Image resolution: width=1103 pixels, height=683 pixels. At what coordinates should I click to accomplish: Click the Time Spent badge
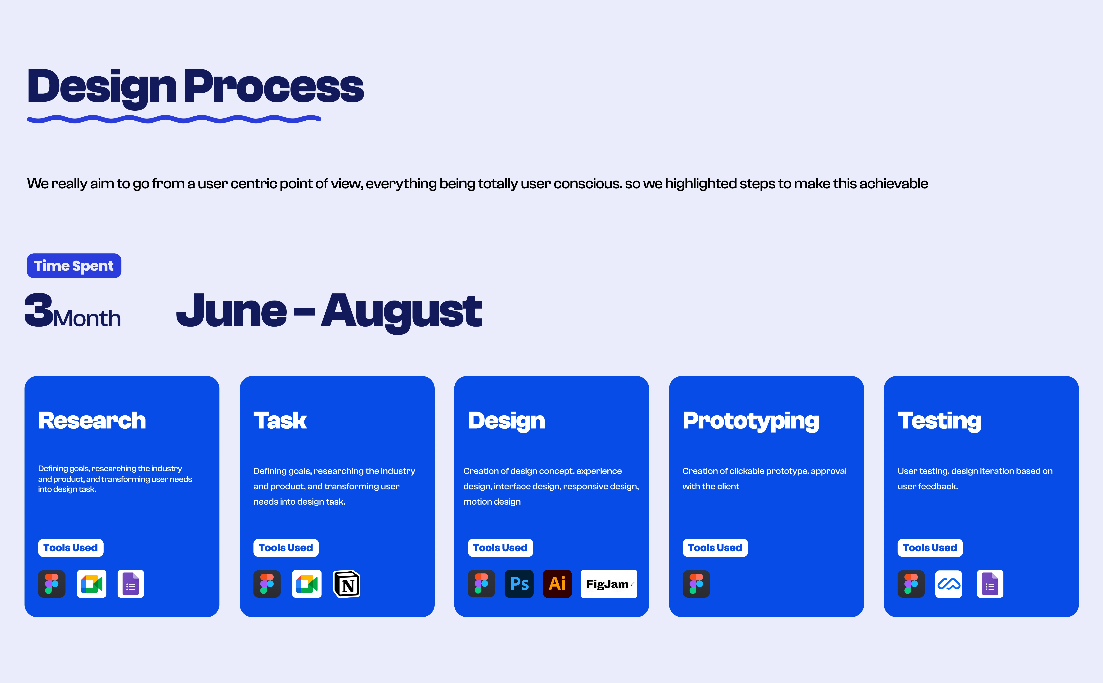(x=74, y=266)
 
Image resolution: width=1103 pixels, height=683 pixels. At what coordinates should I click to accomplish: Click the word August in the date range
(x=401, y=312)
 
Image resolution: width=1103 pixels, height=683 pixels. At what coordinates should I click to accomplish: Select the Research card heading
(x=92, y=421)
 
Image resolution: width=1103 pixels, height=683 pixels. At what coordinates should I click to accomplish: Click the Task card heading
(x=280, y=421)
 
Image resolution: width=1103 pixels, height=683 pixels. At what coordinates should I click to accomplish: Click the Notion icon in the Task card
(x=347, y=584)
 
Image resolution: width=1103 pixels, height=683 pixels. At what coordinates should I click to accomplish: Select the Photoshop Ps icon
(x=519, y=584)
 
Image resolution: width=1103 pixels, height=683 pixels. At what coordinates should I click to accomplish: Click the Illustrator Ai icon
(x=557, y=584)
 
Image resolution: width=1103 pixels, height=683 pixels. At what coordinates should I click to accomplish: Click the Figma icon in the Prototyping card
(x=696, y=584)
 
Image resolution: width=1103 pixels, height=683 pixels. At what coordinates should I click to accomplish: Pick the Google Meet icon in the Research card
(x=92, y=584)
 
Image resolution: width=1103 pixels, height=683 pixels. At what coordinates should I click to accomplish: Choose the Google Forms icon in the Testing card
(x=990, y=584)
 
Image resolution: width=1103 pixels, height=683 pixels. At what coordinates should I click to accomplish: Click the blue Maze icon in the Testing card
(x=948, y=584)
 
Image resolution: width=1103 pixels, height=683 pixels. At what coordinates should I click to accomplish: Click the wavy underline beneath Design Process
(x=174, y=119)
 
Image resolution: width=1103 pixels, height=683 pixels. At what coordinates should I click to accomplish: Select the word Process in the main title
(x=273, y=86)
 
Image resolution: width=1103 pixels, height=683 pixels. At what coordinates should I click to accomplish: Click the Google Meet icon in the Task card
(x=307, y=584)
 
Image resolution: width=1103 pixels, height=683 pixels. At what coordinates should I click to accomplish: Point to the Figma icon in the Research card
(x=52, y=584)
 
